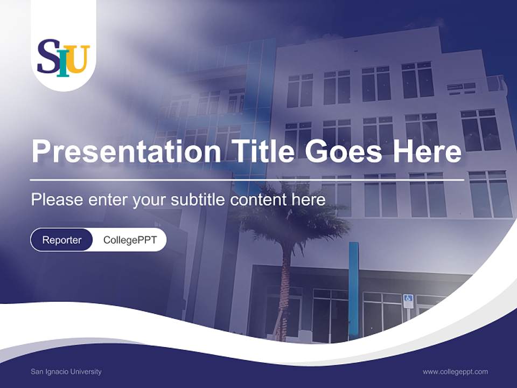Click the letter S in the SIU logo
click(x=47, y=57)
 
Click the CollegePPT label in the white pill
click(x=130, y=240)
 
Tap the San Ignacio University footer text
click(x=66, y=372)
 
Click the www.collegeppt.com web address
click(x=455, y=372)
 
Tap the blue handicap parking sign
click(x=408, y=299)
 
